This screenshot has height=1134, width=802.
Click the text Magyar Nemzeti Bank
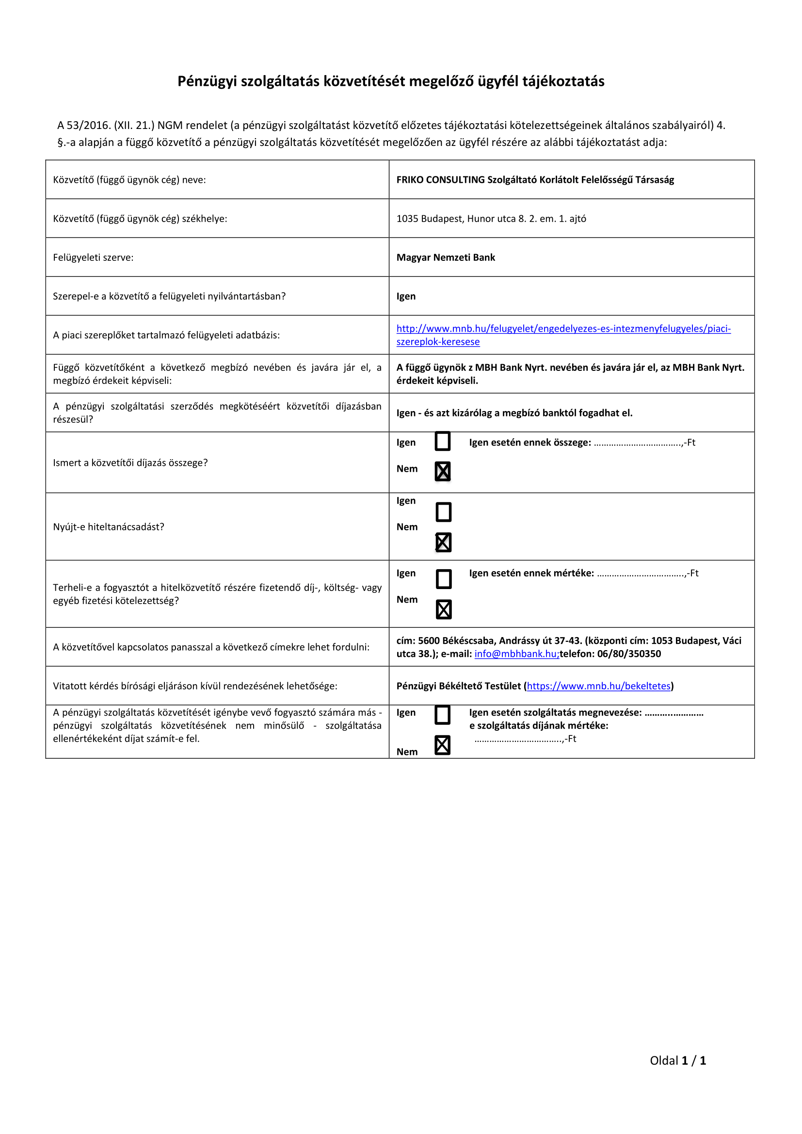pyautogui.click(x=446, y=257)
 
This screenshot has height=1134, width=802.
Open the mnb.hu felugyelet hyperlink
pyautogui.click(x=563, y=329)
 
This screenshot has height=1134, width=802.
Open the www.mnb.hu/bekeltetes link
pyautogui.click(x=598, y=686)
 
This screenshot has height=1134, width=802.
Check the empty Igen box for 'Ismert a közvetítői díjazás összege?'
pyautogui.click(x=443, y=442)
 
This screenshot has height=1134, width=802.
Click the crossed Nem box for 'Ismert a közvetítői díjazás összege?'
pyautogui.click(x=443, y=471)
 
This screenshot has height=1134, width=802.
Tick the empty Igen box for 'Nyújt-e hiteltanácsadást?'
pyautogui.click(x=444, y=512)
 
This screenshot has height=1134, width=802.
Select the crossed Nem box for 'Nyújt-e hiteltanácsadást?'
pyautogui.click(x=444, y=543)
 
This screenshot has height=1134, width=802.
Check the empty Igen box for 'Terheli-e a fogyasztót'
pyautogui.click(x=444, y=579)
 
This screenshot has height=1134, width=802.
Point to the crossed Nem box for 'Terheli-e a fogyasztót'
pyautogui.click(x=444, y=609)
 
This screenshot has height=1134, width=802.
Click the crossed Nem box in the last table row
pyautogui.click(x=443, y=745)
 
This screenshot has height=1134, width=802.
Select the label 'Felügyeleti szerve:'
pyautogui.click(x=93, y=257)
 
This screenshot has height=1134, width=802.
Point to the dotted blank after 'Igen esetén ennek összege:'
pyautogui.click(x=638, y=443)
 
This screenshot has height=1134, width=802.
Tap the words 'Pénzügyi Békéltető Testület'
pyautogui.click(x=458, y=686)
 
